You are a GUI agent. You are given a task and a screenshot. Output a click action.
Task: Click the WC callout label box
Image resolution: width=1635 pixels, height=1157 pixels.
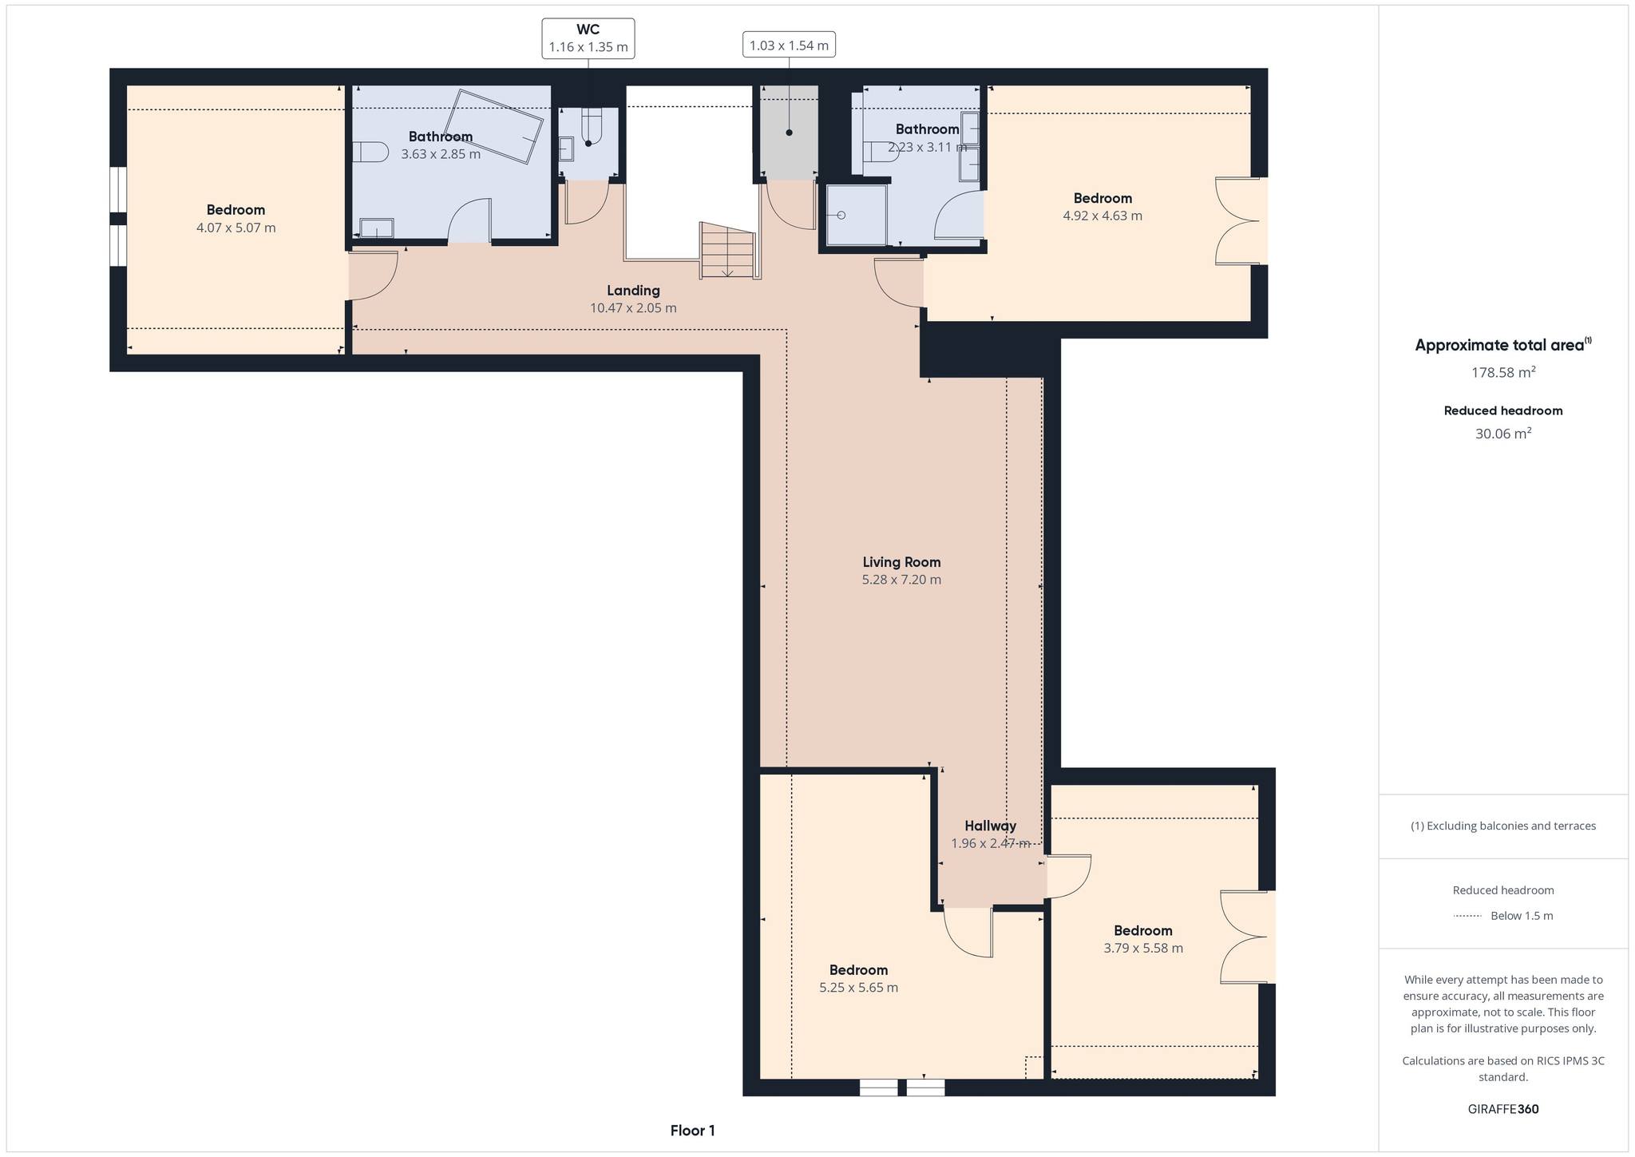[x=588, y=38]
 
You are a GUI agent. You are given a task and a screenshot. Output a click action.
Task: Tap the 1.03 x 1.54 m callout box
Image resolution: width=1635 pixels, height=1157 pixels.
[x=789, y=46]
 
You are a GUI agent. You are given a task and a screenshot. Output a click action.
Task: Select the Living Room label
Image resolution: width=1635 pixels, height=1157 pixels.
[x=901, y=562]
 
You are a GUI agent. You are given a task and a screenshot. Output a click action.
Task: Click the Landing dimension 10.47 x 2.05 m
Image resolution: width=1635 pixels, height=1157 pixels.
[x=633, y=308]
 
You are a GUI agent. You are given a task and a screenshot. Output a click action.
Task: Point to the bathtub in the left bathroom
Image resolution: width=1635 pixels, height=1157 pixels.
[x=493, y=127]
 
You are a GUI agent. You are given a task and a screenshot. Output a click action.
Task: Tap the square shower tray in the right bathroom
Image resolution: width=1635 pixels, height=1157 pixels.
[x=857, y=215]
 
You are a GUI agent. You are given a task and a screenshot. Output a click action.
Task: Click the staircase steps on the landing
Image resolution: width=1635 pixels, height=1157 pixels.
[x=727, y=251]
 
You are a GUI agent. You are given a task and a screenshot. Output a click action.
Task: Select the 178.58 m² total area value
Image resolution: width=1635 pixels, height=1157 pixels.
[x=1503, y=372]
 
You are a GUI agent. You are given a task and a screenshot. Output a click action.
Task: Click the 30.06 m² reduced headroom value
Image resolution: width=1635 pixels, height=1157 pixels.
[x=1503, y=434]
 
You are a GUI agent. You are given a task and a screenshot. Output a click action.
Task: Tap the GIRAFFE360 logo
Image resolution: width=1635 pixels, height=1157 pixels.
[x=1503, y=1109]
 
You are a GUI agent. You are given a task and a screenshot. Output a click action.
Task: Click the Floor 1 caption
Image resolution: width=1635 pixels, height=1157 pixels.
[x=692, y=1131]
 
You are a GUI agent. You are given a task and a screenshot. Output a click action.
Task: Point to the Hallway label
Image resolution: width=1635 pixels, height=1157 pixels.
[x=990, y=826]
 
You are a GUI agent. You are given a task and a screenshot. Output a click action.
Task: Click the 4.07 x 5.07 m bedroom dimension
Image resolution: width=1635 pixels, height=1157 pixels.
[x=236, y=228]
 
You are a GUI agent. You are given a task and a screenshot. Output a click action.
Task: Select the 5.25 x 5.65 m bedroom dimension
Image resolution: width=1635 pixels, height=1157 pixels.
[x=858, y=988]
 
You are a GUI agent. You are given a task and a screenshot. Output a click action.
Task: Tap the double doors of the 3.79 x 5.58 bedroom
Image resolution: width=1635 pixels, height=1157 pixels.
[x=1244, y=937]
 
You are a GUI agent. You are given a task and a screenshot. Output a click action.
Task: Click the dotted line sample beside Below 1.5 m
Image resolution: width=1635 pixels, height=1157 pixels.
[x=1467, y=916]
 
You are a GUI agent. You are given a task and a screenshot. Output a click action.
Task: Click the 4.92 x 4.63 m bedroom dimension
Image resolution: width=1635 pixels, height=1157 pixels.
[x=1103, y=216]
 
